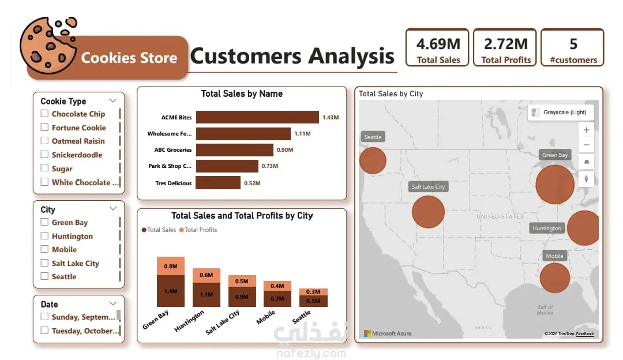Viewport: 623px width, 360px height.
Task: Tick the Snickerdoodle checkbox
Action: (x=44, y=155)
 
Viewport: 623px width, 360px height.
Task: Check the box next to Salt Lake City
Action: (x=44, y=263)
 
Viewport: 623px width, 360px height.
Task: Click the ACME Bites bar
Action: (x=257, y=117)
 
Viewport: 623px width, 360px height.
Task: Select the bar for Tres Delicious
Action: (x=218, y=183)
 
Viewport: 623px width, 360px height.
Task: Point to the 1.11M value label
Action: (x=303, y=134)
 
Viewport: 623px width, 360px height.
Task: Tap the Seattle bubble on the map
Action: (x=373, y=160)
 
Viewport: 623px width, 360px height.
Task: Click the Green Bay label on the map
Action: (x=555, y=155)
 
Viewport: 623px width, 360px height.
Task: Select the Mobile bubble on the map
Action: (x=554, y=277)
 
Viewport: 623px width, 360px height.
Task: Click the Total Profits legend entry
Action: (x=198, y=230)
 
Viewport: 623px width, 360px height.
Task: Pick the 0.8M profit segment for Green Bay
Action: (x=171, y=266)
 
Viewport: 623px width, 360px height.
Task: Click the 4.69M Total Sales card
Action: (x=438, y=47)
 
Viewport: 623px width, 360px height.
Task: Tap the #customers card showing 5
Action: (x=573, y=47)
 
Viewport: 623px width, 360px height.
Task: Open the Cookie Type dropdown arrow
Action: (x=113, y=101)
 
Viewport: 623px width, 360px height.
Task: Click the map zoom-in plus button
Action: (x=586, y=130)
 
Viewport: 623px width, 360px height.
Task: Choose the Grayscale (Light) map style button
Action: (x=560, y=112)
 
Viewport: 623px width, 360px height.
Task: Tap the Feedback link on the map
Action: (x=585, y=334)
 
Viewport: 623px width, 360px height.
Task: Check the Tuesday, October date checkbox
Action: (x=44, y=331)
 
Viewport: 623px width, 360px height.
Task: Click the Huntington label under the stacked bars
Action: (x=190, y=321)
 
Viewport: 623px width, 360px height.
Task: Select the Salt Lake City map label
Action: (x=428, y=187)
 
